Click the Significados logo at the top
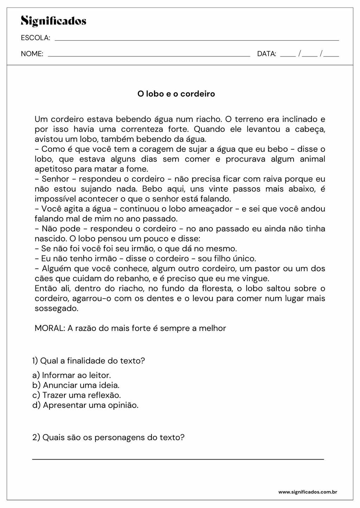click(53, 21)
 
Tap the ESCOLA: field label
click(36, 38)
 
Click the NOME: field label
click(32, 54)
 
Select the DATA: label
click(266, 54)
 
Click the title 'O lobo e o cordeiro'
click(176, 94)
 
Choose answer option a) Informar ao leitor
click(71, 375)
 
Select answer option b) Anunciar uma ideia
click(76, 385)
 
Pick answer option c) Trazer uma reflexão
click(76, 395)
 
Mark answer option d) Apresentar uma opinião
click(85, 405)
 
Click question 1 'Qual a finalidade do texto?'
click(88, 360)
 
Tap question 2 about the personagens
click(108, 437)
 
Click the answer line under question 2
click(178, 458)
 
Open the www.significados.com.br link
click(308, 492)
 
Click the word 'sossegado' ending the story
click(56, 308)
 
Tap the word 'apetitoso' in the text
click(53, 169)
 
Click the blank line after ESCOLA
click(197, 40)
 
